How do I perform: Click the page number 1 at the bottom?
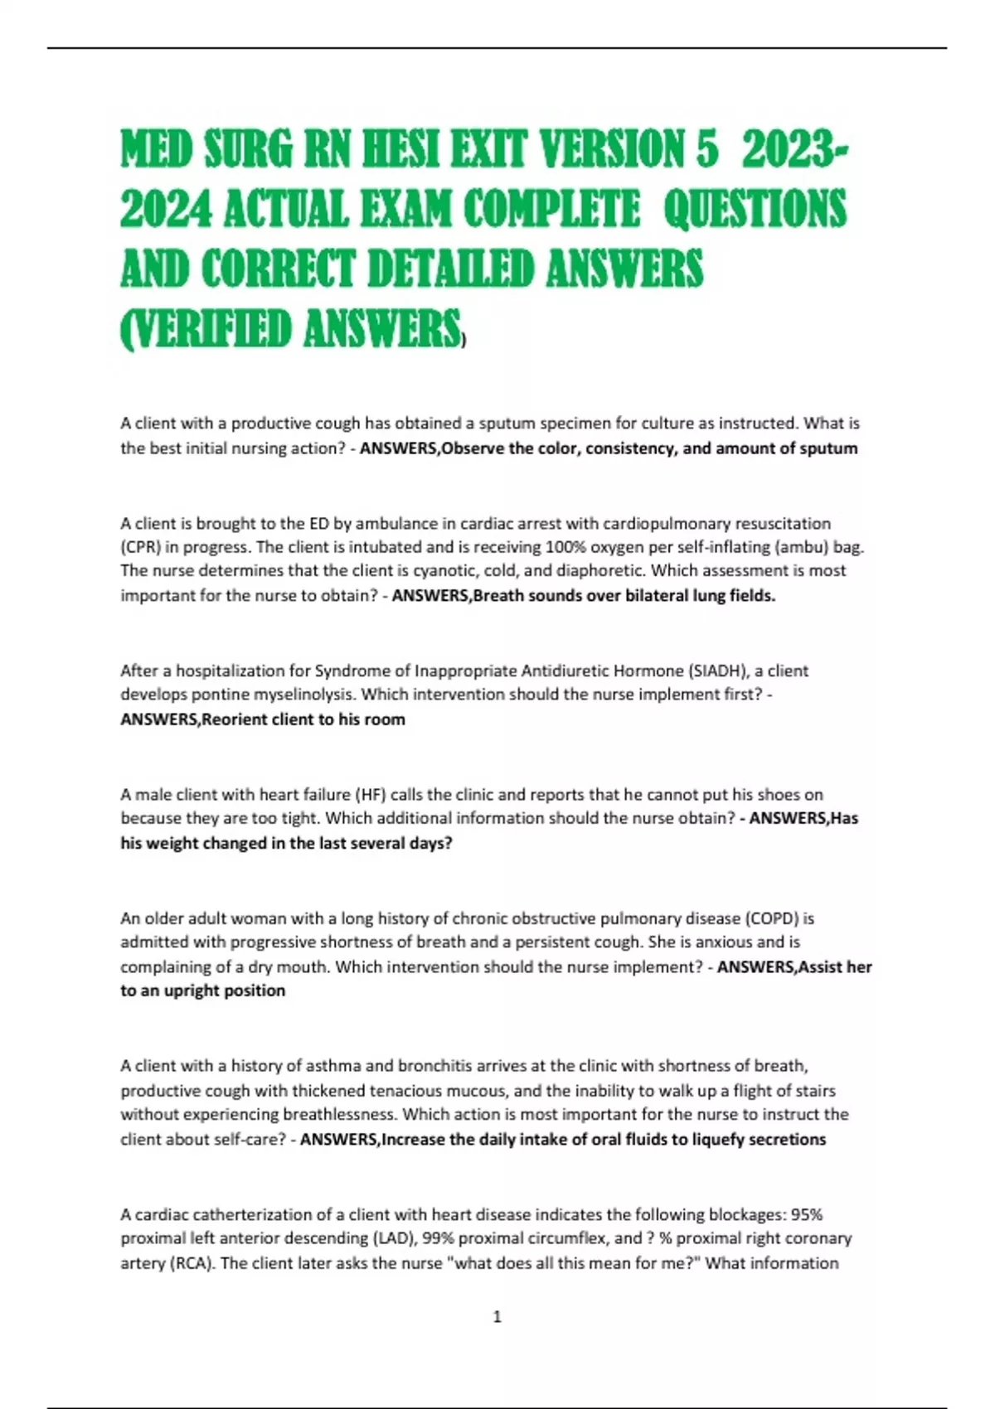(x=497, y=1316)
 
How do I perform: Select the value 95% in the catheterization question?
(x=806, y=1214)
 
